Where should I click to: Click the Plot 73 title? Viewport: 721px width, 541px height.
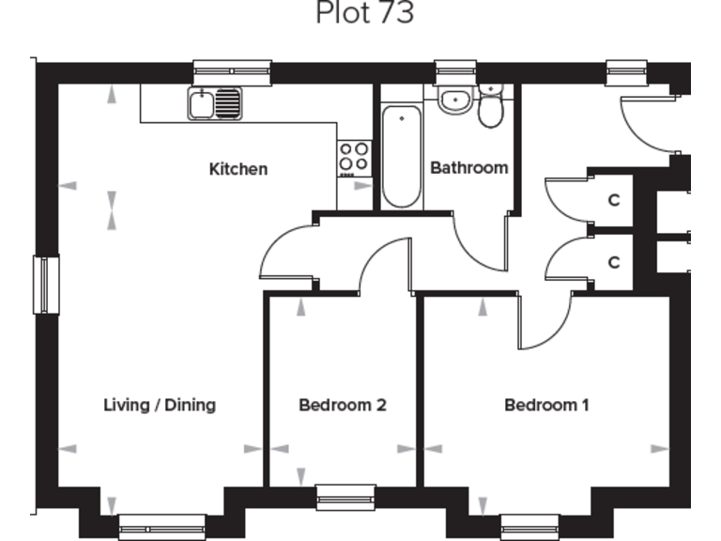[364, 13]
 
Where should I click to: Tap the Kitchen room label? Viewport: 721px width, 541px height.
[238, 169]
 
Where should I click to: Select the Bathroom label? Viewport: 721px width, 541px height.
[468, 168]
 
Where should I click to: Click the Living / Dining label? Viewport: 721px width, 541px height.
[160, 405]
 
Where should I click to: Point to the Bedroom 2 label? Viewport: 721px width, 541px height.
[343, 405]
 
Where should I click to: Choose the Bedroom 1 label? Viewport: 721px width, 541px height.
[546, 405]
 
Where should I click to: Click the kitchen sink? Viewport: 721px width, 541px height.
[214, 103]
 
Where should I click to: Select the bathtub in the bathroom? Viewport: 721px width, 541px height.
[402, 156]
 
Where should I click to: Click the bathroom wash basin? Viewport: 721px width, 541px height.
[454, 99]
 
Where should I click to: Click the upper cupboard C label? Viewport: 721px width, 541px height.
[614, 199]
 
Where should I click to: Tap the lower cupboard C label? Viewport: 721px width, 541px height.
[614, 263]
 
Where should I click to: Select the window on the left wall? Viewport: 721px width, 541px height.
[46, 285]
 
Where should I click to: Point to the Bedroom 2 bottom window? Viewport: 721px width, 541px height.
[345, 498]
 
